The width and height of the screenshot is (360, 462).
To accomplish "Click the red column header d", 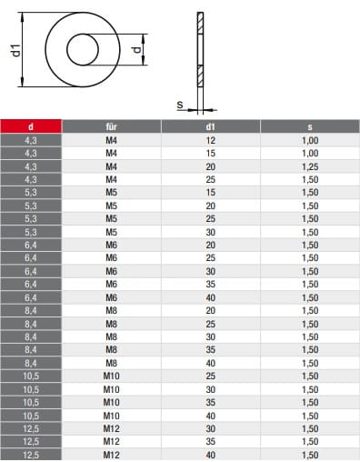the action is pyautogui.click(x=31, y=126).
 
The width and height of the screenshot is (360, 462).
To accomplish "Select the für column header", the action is pyautogui.click(x=111, y=126).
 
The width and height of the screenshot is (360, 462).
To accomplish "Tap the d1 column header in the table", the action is pyautogui.click(x=210, y=126).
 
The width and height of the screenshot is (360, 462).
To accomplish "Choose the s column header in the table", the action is pyautogui.click(x=310, y=126).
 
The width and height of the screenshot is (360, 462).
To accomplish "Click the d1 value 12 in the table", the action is pyautogui.click(x=210, y=140).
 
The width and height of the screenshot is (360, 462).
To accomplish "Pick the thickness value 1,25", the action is pyautogui.click(x=310, y=166).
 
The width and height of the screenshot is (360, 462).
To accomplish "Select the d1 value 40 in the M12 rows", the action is pyautogui.click(x=210, y=455).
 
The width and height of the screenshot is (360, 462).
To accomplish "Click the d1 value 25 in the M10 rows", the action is pyautogui.click(x=210, y=376).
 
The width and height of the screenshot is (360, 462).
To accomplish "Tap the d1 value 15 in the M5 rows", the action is pyautogui.click(x=210, y=192).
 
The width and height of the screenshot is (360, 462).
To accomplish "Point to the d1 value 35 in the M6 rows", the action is pyautogui.click(x=210, y=284).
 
